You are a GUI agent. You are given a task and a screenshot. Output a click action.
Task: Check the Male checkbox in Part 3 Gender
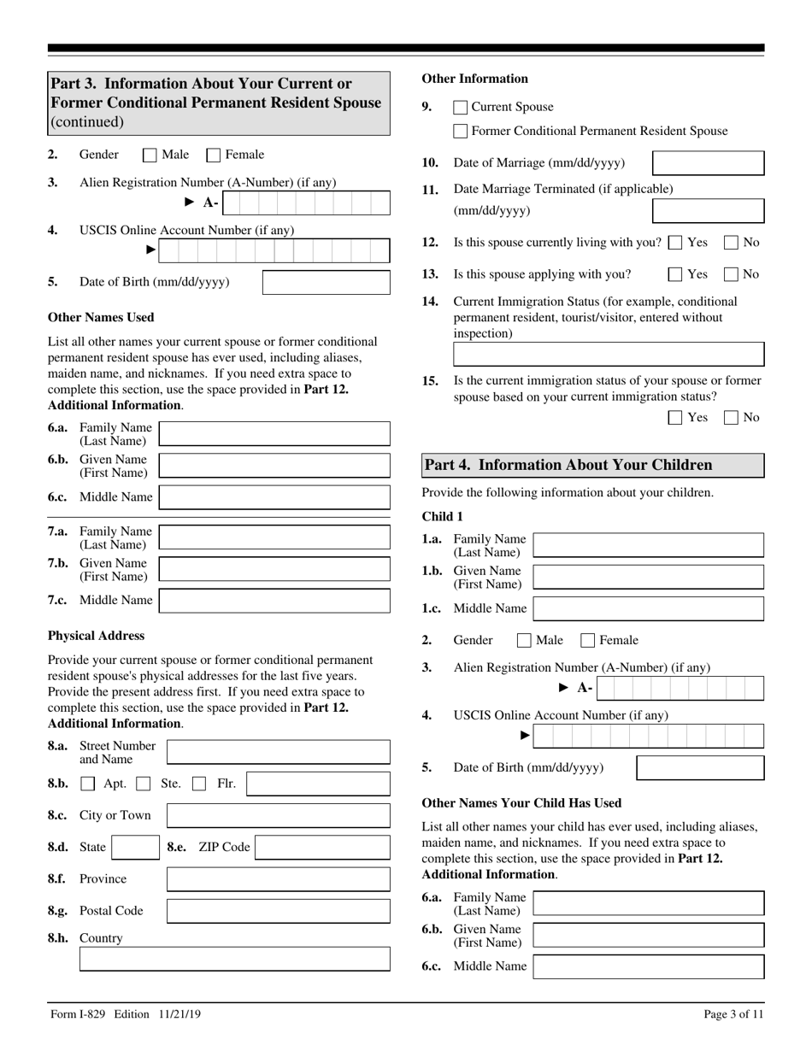click(x=150, y=156)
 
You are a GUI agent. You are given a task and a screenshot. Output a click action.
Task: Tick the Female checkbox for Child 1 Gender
click(x=588, y=641)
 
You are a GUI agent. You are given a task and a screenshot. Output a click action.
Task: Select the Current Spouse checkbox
click(x=460, y=108)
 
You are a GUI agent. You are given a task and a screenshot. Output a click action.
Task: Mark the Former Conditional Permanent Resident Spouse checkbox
click(x=460, y=132)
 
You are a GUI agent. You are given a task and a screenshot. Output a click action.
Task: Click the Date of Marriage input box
click(x=708, y=163)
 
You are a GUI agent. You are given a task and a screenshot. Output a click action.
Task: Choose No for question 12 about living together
click(x=731, y=243)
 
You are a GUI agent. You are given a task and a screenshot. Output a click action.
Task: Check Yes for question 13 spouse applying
click(x=674, y=275)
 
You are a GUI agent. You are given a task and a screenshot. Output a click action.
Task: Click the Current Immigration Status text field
click(x=608, y=355)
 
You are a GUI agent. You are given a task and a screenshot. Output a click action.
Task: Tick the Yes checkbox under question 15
click(x=674, y=418)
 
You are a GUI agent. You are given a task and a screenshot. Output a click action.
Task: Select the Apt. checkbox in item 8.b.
click(x=88, y=784)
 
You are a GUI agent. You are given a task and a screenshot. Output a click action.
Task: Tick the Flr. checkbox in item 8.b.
click(x=198, y=784)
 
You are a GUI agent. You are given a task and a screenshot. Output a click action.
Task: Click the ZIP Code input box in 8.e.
click(x=322, y=848)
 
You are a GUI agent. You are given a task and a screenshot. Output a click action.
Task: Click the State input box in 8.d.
click(x=133, y=848)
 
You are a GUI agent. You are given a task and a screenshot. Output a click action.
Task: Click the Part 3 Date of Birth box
click(x=326, y=283)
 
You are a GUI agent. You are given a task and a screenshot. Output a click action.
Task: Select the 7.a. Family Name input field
click(x=274, y=537)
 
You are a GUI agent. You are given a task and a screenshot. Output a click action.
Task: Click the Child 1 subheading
click(x=442, y=517)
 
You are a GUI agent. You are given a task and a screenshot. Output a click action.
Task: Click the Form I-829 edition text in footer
click(x=126, y=1014)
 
